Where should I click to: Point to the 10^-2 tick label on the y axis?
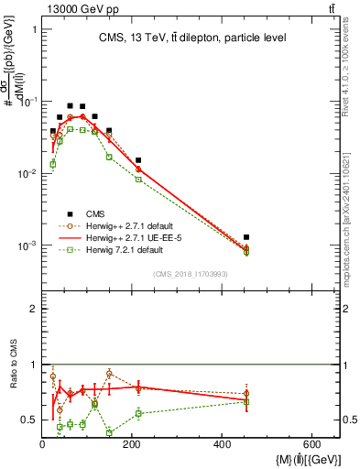(x=24, y=173)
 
